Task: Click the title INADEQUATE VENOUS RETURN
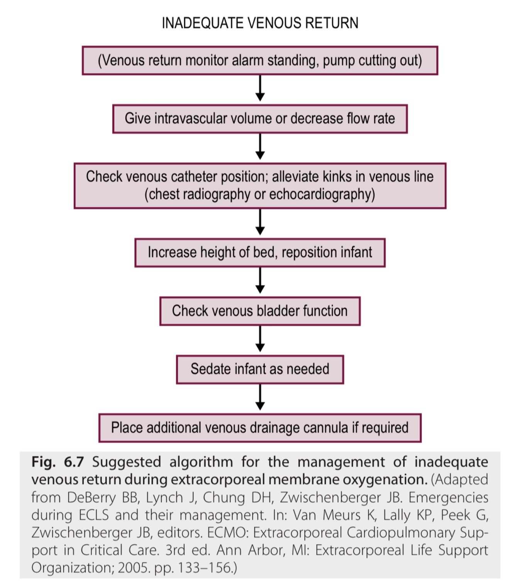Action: (260, 23)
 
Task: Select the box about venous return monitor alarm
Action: (260, 61)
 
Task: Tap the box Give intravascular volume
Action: (260, 119)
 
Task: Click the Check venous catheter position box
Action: (260, 186)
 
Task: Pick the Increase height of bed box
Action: (260, 253)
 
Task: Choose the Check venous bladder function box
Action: (260, 311)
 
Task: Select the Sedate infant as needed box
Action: (260, 369)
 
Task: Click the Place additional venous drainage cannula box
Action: (260, 428)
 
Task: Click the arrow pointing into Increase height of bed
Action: (260, 223)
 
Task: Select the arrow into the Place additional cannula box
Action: (260, 398)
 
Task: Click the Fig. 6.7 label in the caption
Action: (58, 462)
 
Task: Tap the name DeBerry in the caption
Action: (91, 497)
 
